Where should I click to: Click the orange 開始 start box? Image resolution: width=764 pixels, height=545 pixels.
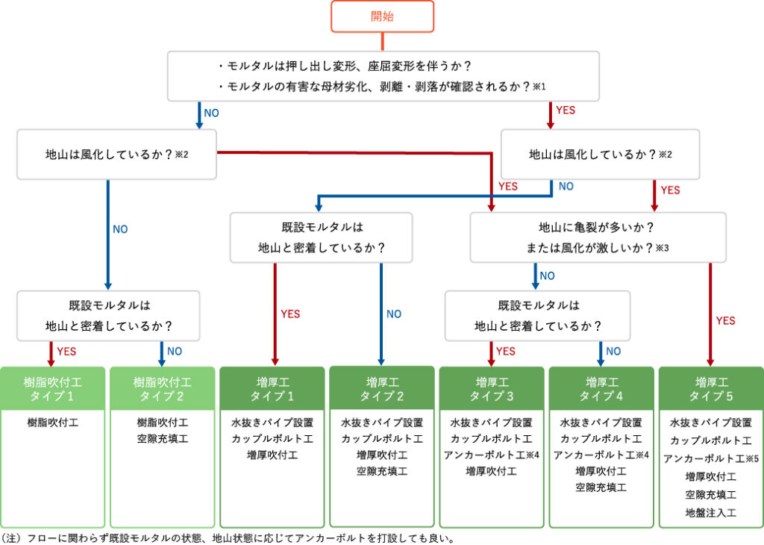coord(383,16)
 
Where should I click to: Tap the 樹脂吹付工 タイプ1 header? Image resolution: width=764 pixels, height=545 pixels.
coord(53,389)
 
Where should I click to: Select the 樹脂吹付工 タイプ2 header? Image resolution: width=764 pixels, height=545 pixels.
coord(162,389)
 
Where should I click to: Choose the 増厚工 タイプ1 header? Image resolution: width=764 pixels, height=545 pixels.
coord(272,389)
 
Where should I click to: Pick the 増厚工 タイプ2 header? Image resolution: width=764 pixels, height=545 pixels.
coord(382,388)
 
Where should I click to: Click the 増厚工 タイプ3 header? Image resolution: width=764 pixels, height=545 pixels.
coord(492,389)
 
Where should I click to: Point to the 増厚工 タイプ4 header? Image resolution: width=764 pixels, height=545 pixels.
coord(601,389)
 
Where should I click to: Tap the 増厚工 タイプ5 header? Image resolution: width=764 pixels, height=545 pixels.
coord(710,389)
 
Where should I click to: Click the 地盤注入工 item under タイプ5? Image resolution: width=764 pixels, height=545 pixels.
coord(710,513)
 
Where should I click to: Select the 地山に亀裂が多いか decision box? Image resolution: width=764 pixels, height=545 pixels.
coord(598,237)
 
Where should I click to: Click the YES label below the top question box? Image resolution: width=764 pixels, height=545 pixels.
coord(566,110)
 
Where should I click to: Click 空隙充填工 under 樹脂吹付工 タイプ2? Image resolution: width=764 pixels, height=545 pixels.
coord(162,439)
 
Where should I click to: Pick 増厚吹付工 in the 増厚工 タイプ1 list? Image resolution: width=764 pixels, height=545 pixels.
coord(272,455)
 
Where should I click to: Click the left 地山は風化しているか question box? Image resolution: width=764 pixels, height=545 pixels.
coord(117,155)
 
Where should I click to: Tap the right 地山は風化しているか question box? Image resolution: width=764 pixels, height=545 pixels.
coord(600,155)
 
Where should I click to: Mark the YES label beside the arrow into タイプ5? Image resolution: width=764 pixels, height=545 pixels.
coord(725,321)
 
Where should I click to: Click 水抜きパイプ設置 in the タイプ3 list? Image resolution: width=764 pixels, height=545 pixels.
coord(492,423)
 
